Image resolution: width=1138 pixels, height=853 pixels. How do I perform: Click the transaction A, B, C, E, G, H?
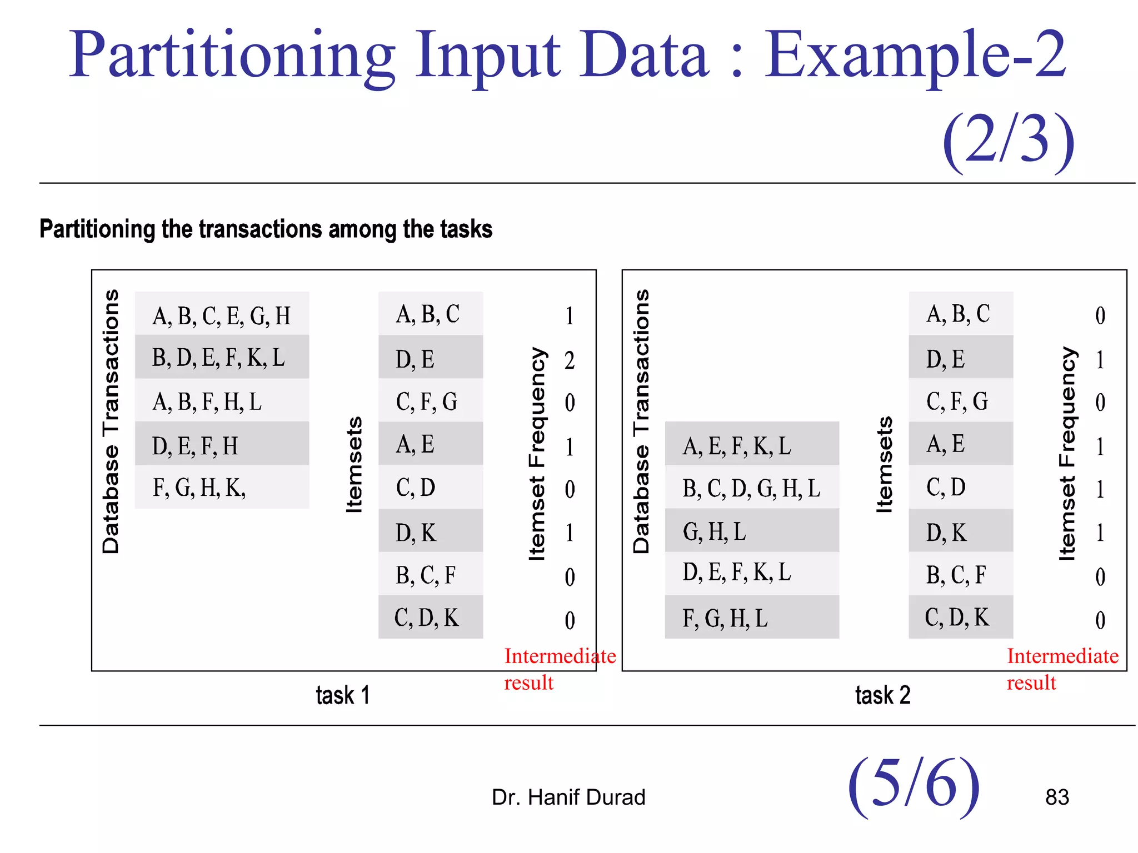pos(221,315)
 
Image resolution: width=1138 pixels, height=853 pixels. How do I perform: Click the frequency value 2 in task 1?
pos(570,360)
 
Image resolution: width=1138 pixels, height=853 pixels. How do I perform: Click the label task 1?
pos(342,695)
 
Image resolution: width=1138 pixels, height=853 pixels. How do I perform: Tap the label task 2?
pos(882,695)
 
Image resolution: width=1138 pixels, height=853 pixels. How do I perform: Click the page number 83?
pos(1057,797)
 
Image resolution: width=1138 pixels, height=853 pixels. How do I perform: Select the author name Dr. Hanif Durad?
pos(568,797)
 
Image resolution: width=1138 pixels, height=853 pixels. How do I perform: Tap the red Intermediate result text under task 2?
pos(1062,669)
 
